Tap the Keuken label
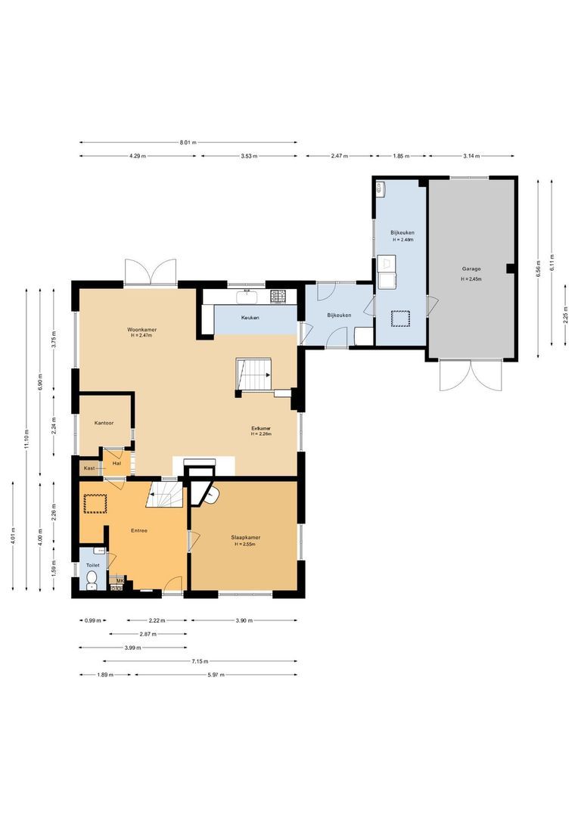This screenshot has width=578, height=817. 250,318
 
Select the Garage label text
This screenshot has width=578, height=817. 472,269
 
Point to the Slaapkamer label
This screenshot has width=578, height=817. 247,538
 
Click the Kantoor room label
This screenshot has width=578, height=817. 104,423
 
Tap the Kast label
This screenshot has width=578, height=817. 89,468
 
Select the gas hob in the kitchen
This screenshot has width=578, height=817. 278,295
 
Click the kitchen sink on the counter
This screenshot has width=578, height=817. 247,295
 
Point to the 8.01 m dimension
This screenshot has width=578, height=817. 188,142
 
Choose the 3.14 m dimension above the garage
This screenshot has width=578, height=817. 472,156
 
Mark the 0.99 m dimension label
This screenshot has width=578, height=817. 90,620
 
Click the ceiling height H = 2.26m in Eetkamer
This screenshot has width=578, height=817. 262,434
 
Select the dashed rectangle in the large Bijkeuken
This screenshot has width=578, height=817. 400,318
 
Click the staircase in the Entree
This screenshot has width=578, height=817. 166,496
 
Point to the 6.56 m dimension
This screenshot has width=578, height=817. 538,268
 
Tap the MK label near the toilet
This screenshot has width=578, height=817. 119,580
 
